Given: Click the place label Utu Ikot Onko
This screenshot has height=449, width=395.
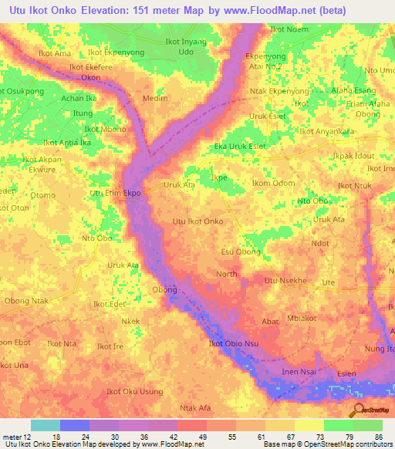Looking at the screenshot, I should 198,221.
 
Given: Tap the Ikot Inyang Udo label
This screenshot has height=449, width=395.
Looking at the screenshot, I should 186,46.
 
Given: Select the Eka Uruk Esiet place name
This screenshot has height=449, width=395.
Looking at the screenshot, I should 240,146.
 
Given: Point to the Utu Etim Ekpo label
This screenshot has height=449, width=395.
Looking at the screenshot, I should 116,193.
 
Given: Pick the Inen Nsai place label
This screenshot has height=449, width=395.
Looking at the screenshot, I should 299,373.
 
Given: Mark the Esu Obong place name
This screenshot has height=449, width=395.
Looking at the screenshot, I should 240,252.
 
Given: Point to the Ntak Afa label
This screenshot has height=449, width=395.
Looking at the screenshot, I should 194,407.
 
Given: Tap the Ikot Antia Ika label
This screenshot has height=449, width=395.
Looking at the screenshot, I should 67,143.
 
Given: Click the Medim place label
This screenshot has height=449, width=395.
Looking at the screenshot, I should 155,99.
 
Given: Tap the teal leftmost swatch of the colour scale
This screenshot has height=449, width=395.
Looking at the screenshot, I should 45,425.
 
